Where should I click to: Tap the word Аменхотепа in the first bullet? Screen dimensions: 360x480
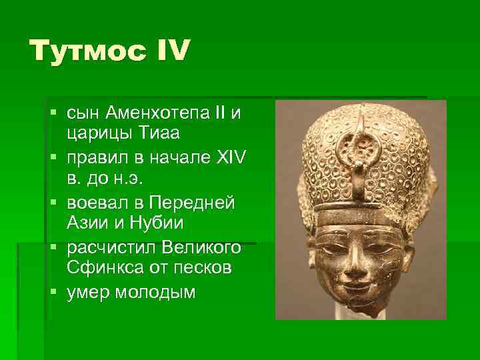click(x=157, y=113)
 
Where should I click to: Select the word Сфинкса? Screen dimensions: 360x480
click(x=102, y=269)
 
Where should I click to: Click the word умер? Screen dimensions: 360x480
click(x=88, y=293)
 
